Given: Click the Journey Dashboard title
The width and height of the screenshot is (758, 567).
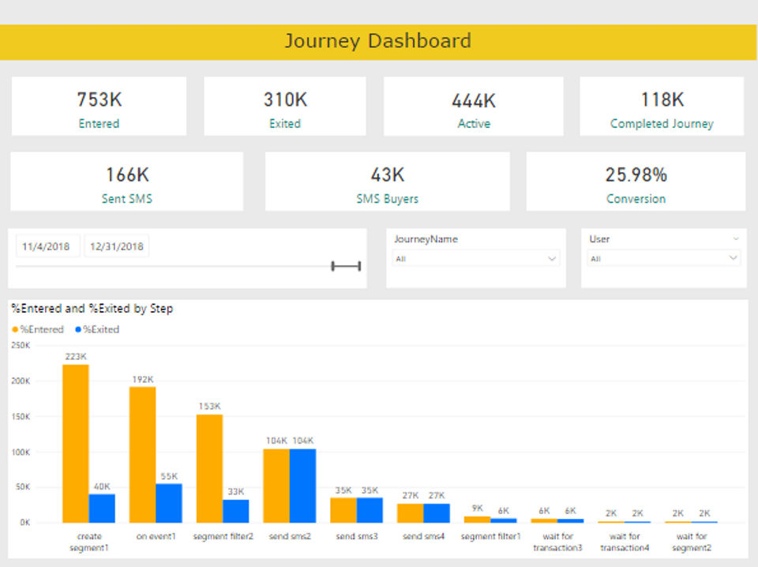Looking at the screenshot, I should click(377, 41).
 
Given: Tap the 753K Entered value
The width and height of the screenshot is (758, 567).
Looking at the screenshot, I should click(99, 100).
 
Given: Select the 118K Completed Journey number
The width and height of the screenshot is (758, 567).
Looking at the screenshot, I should click(662, 100).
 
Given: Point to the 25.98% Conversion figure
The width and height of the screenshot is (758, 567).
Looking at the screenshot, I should click(636, 175).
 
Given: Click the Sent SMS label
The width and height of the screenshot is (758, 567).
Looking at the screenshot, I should click(126, 199).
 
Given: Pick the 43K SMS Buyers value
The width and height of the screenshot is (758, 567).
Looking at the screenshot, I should click(387, 175).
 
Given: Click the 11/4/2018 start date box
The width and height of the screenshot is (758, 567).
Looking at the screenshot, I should click(47, 246).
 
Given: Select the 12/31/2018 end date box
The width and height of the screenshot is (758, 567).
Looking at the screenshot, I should click(117, 246).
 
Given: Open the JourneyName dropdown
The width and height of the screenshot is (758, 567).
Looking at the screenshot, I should click(476, 258).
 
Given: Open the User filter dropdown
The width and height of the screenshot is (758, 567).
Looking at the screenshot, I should click(663, 258).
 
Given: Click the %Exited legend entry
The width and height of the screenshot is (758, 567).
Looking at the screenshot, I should click(98, 329).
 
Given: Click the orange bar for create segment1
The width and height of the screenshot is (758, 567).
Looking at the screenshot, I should click(76, 443).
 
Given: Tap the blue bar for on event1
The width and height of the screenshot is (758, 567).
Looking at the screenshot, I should click(169, 503).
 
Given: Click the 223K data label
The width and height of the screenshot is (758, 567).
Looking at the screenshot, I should click(76, 356).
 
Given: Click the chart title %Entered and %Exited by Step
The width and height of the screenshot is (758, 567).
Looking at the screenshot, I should click(92, 309).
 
